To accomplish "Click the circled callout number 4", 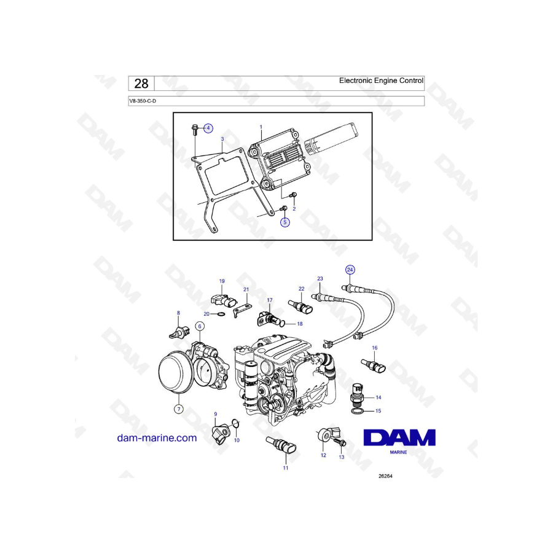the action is tap(208, 128).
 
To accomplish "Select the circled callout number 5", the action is tap(285, 222).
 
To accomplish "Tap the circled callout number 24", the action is tap(350, 270).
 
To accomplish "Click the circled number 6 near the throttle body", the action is tap(200, 326).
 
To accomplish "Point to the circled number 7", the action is tap(179, 409).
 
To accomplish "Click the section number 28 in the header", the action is tap(141, 84).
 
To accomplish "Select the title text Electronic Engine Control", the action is tap(381, 80).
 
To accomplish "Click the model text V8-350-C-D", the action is tap(143, 101).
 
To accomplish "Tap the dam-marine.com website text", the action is tap(157, 437).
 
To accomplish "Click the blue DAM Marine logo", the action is tap(399, 441).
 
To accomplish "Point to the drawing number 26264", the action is tap(385, 476).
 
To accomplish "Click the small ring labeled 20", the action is tap(220, 314).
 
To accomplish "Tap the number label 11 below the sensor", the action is tap(286, 468).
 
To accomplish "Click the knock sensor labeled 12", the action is tap(325, 434).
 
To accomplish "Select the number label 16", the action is tap(375, 348).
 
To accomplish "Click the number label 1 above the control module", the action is tap(261, 127).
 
